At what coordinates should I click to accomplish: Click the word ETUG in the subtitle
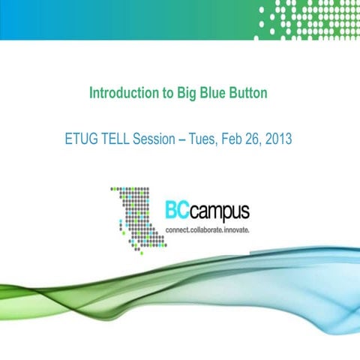click(81, 139)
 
